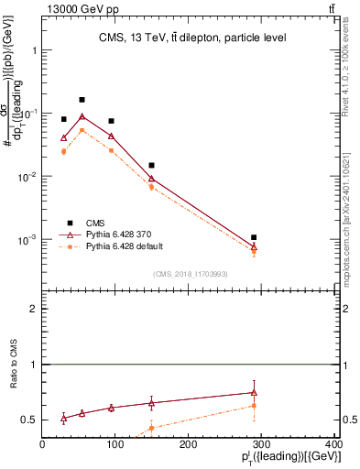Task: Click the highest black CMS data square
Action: pyautogui.click(x=82, y=99)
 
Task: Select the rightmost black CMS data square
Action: pyautogui.click(x=254, y=237)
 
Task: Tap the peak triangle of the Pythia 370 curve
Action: pyautogui.click(x=82, y=116)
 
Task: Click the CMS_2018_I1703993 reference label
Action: pyautogui.click(x=191, y=274)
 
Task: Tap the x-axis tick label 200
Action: pyautogui.click(x=189, y=444)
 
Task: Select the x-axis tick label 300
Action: pyautogui.click(x=261, y=444)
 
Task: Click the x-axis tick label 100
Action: pyautogui.click(x=115, y=444)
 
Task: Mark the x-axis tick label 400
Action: pyautogui.click(x=333, y=444)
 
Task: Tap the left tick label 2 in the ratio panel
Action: pyautogui.click(x=35, y=310)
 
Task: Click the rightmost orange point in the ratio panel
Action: pyautogui.click(x=254, y=405)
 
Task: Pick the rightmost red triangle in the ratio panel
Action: pyautogui.click(x=254, y=392)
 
